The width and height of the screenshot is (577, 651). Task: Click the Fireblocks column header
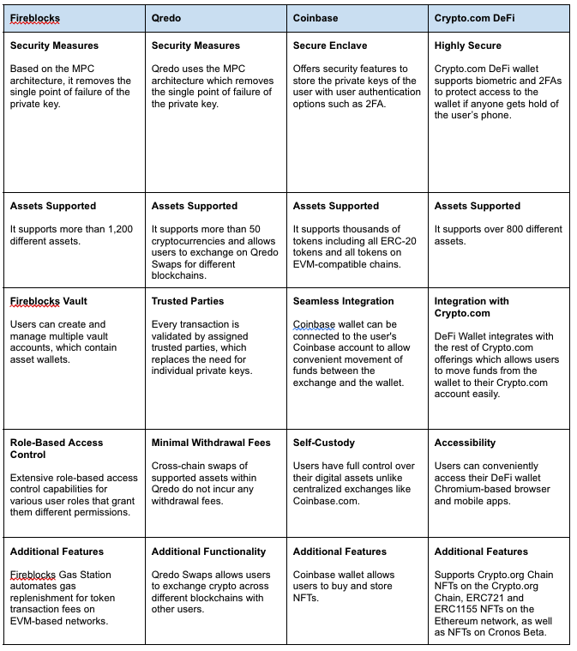[35, 17]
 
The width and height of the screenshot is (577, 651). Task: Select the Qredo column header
[166, 17]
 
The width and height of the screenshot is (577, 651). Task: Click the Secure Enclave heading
[332, 45]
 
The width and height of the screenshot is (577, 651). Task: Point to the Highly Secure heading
[468, 45]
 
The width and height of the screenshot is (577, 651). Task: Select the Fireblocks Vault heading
[49, 301]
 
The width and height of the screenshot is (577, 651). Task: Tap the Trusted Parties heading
[188, 301]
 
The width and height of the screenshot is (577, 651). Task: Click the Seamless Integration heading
[343, 301]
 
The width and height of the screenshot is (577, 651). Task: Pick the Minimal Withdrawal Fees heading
[211, 443]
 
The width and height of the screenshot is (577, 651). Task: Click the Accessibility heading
[465, 443]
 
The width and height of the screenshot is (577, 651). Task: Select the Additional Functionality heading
[208, 552]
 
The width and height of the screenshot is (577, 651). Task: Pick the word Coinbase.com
[330, 502]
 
